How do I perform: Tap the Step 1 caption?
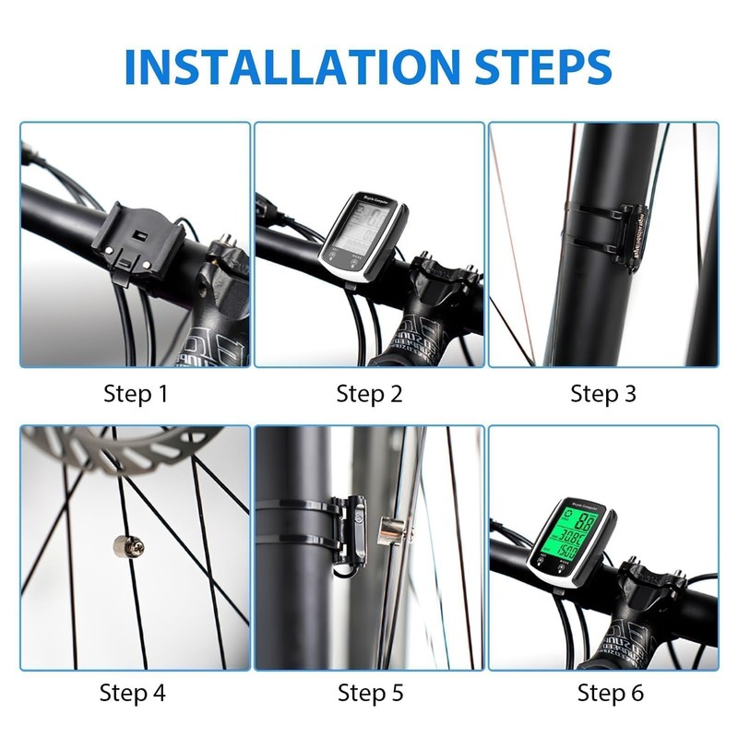pos(136,394)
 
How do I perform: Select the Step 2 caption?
pos(369,394)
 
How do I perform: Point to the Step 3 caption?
pos(603,394)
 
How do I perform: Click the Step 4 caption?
pos(136,692)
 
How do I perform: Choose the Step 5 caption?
pos(369,692)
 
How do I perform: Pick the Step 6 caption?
pos(603,692)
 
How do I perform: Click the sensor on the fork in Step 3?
pos(636,235)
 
